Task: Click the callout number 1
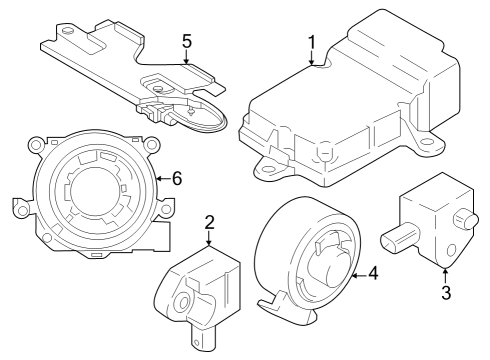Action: click(x=312, y=43)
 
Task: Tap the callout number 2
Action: click(x=209, y=221)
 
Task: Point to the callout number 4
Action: click(x=373, y=271)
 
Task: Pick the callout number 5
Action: click(x=185, y=43)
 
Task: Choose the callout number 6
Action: click(x=177, y=178)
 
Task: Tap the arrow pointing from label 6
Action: click(x=163, y=178)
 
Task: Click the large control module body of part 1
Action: click(x=350, y=110)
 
